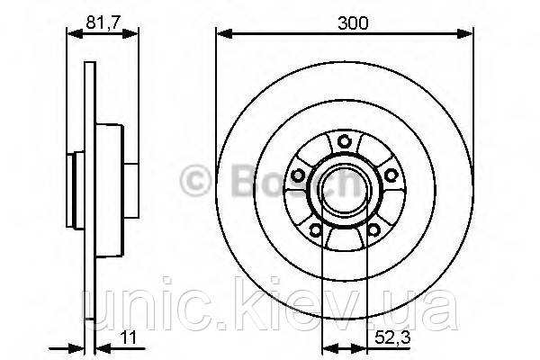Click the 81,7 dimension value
(x=103, y=22)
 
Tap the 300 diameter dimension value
(x=353, y=23)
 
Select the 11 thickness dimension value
(x=128, y=337)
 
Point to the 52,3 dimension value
(x=393, y=338)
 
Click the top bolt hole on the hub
(x=344, y=141)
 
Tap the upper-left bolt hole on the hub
(x=297, y=175)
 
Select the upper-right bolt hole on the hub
(x=391, y=175)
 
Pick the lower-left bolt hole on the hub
(x=315, y=229)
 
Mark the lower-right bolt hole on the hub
(x=373, y=229)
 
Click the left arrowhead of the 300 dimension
(x=224, y=33)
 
